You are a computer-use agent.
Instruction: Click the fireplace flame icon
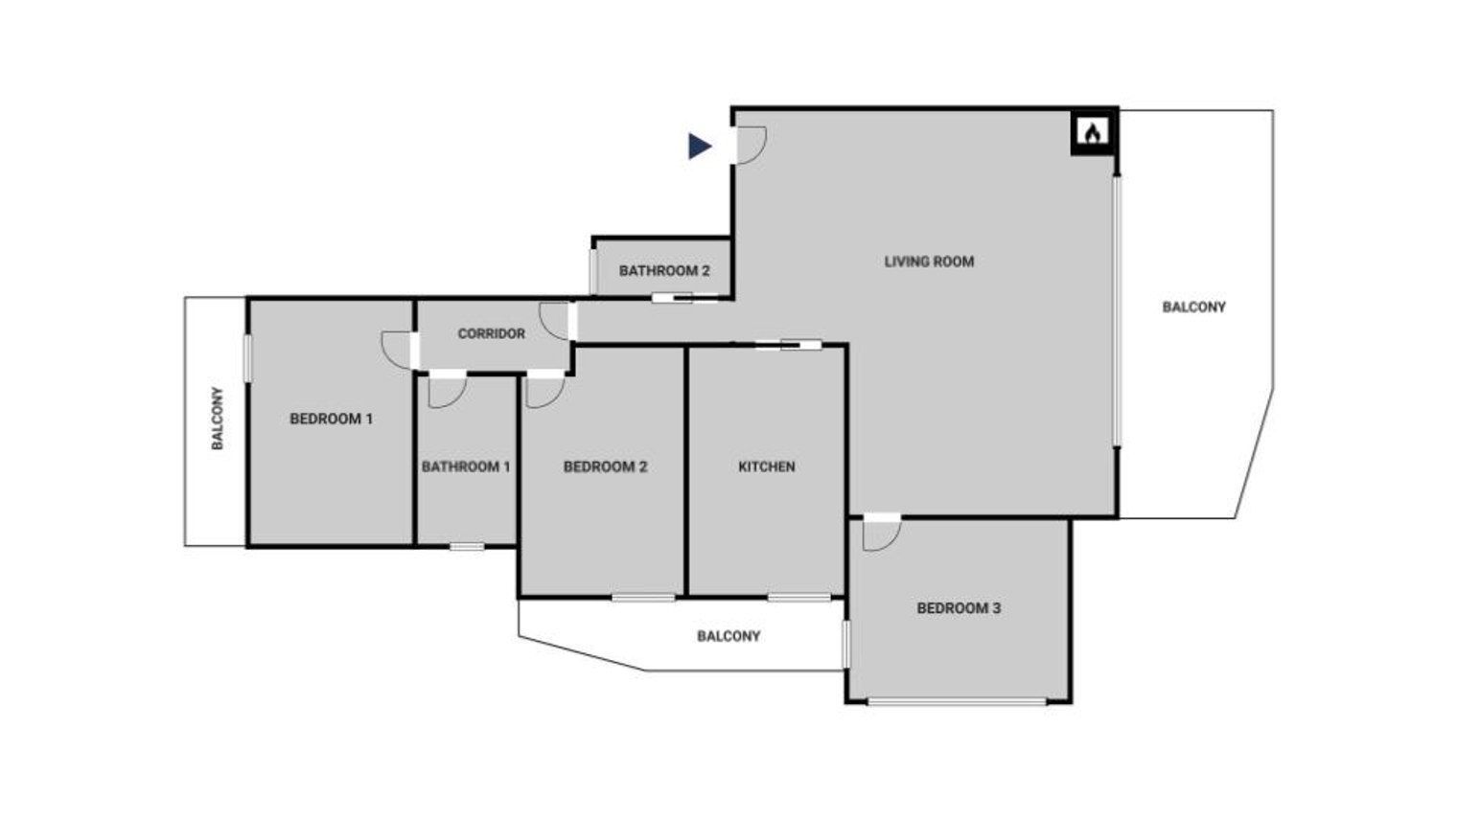1093,132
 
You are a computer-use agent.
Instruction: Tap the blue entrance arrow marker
700,147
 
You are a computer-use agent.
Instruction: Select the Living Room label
929,262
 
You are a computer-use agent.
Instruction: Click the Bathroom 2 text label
664,271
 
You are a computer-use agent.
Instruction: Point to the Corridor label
491,334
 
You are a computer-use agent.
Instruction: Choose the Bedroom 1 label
331,420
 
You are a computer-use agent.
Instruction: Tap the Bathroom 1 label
466,466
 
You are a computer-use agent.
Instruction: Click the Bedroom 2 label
605,466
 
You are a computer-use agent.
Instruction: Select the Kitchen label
766,466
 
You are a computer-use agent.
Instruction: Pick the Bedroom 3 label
959,608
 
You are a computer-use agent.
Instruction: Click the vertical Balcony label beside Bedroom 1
218,419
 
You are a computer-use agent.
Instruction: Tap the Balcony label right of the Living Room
1193,307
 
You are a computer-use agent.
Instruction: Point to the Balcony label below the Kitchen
728,636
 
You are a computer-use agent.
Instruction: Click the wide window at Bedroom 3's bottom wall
958,702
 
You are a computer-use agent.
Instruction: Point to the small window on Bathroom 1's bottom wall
467,547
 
